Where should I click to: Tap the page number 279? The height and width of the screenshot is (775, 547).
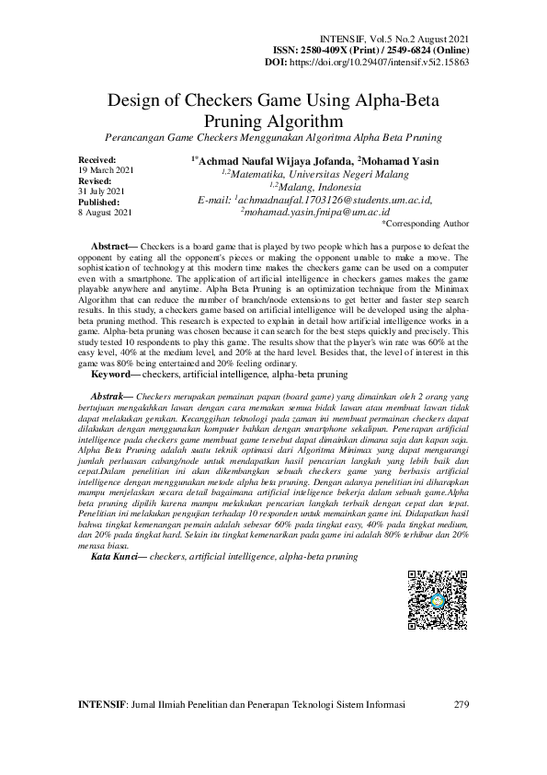tap(462, 706)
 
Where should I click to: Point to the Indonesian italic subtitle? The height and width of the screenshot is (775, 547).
tap(273, 137)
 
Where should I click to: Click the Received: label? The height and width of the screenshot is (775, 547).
tap(97, 160)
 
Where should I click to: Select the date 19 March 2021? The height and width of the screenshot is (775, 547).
tap(107, 171)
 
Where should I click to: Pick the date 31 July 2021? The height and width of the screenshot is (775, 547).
tap(103, 191)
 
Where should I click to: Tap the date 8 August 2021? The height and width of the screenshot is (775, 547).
tap(107, 212)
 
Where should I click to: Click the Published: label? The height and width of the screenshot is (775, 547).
tap(99, 202)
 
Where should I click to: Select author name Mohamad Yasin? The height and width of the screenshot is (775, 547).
tap(400, 161)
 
